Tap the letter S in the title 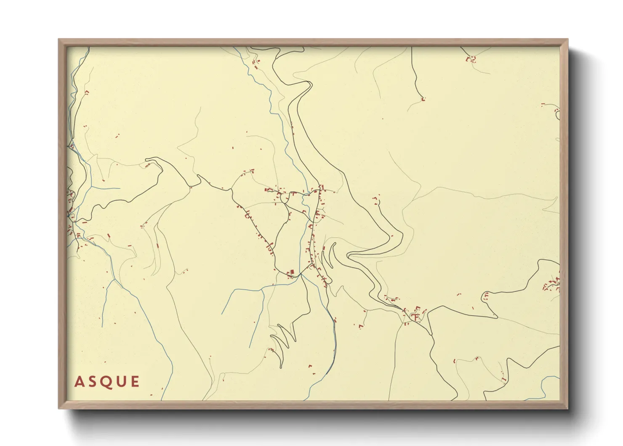pos(92,382)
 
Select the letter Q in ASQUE pos(106,382)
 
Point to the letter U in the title pos(121,382)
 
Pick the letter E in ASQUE pos(135,382)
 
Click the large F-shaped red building pos(416,317)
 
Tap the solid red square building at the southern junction pos(292,272)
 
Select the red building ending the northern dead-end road pos(423,99)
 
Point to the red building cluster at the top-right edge pos(471,59)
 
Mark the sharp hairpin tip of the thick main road pos(349,255)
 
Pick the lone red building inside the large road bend pos(376,198)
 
